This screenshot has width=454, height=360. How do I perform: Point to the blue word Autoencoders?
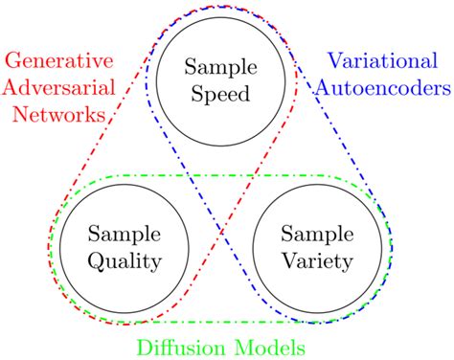[387, 89]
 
